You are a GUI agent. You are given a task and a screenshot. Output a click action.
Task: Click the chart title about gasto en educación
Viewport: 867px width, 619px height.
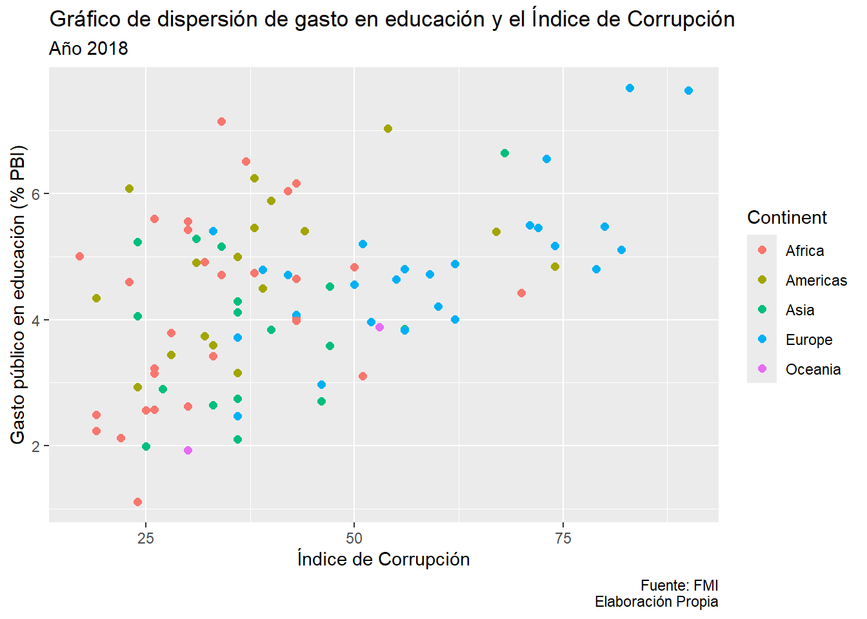(392, 19)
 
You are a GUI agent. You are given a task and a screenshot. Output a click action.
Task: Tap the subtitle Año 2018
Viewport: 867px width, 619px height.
(88, 49)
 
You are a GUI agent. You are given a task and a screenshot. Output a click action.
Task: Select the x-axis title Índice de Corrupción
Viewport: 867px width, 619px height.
(383, 559)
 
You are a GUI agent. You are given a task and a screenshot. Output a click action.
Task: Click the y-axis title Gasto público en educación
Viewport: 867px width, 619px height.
(18, 295)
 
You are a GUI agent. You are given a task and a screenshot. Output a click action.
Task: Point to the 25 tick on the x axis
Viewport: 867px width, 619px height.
(146, 538)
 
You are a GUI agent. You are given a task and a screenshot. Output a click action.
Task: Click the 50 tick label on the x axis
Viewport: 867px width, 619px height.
(354, 538)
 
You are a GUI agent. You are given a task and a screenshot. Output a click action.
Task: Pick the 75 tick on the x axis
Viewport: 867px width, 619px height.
(563, 538)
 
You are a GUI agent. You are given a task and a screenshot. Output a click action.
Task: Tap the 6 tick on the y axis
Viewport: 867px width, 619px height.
(36, 194)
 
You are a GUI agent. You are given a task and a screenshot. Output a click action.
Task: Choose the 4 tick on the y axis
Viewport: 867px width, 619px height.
(36, 320)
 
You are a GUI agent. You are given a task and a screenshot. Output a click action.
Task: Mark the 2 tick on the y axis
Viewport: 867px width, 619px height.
(36, 446)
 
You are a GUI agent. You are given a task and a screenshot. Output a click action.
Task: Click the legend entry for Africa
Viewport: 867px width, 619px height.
(804, 251)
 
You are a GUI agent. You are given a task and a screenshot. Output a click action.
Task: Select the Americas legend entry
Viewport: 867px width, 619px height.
(816, 280)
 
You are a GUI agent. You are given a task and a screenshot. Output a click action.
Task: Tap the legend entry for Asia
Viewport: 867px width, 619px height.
(800, 310)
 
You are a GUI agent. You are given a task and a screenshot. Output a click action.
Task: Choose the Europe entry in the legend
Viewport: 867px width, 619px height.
(809, 340)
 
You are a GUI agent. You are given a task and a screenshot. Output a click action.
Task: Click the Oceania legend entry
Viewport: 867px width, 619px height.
(813, 369)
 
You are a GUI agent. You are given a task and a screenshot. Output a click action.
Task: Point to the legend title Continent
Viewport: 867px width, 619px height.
(786, 218)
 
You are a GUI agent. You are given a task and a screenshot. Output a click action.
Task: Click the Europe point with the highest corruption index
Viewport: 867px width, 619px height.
(688, 90)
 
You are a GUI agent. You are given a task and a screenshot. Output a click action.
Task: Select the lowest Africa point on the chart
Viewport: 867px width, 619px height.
(137, 502)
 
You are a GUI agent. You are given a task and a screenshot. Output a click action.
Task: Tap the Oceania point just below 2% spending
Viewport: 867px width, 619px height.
(188, 450)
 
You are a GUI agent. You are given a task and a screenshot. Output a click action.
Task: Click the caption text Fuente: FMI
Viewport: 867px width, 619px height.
(679, 585)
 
